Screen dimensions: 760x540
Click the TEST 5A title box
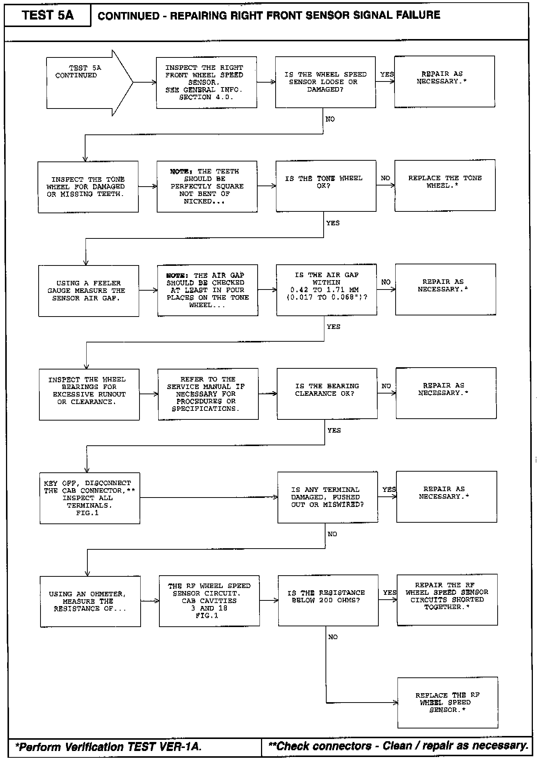tap(48, 15)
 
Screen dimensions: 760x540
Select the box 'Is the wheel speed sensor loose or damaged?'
tap(325, 82)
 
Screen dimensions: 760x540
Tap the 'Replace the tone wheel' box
tap(445, 185)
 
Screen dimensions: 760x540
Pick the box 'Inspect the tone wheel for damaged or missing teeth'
tap(88, 187)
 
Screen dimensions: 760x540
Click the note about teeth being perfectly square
tap(207, 186)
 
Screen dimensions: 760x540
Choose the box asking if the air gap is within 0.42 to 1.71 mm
tap(326, 290)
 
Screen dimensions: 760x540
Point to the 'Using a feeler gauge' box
tap(88, 291)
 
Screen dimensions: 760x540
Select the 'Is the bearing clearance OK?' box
tap(327, 393)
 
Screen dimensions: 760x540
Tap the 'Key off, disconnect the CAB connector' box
tap(90, 498)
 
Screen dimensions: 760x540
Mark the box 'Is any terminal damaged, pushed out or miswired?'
tap(327, 497)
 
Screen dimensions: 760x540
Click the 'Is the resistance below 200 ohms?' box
tap(328, 600)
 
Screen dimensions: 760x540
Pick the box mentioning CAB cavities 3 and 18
tap(209, 601)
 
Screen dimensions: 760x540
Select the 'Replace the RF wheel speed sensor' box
tap(448, 703)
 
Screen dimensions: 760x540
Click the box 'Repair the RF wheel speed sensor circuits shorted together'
tap(447, 599)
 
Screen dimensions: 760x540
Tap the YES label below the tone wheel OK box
tap(333, 223)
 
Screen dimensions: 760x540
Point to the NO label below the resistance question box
tap(333, 637)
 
